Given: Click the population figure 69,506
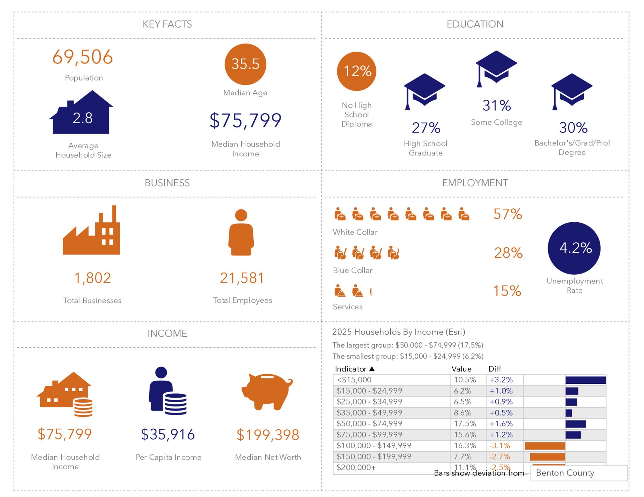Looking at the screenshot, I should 83,57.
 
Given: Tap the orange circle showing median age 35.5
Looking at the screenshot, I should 245,64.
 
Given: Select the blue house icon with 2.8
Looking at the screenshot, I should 82,114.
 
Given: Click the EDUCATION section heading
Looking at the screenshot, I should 475,24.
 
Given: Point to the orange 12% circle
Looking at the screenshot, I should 356,71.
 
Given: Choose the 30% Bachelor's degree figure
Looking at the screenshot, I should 573,128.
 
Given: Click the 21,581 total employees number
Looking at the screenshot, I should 242,278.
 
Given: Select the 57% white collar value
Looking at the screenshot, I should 507,214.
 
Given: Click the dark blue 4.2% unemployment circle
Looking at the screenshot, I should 574,248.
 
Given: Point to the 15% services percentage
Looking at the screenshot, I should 507,291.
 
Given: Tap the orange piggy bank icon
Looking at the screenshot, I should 267,391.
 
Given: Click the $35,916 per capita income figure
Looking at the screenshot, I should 168,434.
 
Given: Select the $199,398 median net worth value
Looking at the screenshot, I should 268,435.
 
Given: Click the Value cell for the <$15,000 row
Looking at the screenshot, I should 465,380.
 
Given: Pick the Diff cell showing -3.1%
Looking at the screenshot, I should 499,446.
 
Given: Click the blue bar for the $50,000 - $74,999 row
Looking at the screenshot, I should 575,424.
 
